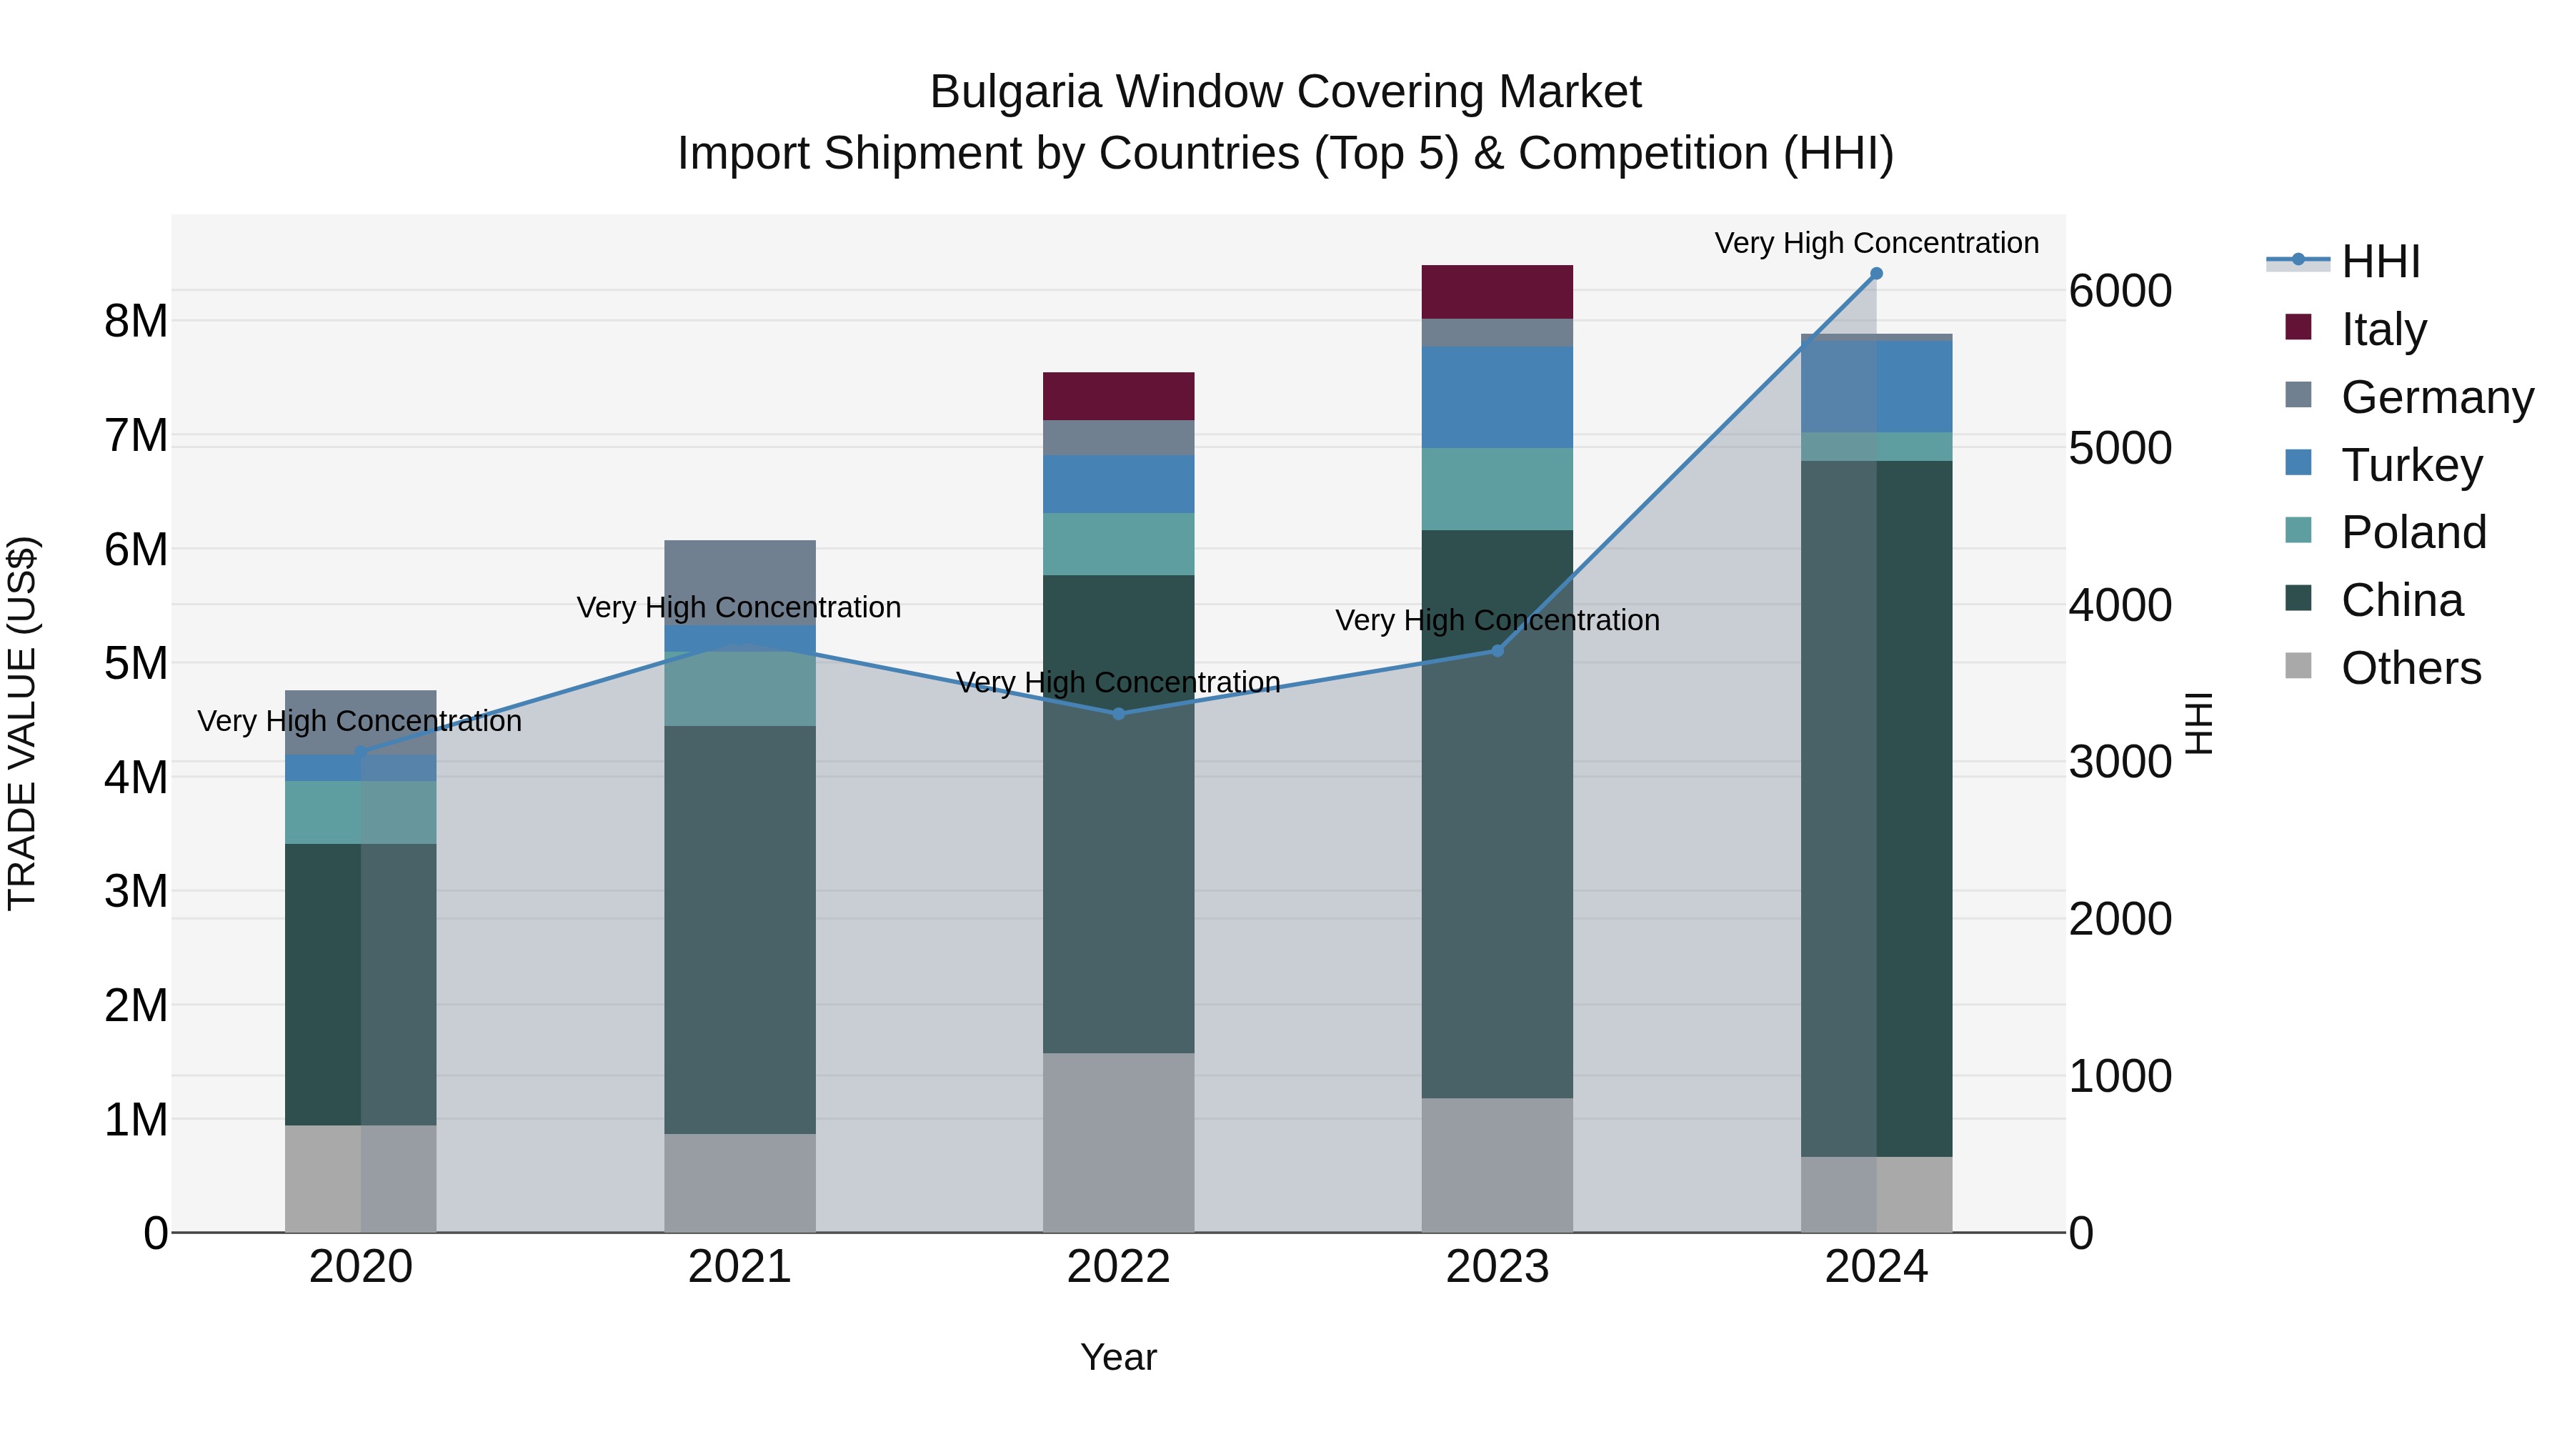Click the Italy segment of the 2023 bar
tap(1497, 292)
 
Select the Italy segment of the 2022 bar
tap(1118, 395)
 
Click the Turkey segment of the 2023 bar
tap(1497, 397)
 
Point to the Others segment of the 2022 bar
tap(1118, 1141)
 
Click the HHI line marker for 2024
tap(1876, 274)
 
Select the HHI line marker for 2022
tap(1118, 713)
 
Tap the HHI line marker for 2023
tap(1497, 650)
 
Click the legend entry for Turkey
tap(2411, 465)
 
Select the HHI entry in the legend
tap(2381, 262)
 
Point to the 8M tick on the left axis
tap(136, 322)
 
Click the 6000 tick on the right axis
tap(2120, 291)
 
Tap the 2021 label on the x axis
tap(740, 1267)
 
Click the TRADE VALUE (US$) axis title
tap(23, 723)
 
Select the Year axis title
tap(1118, 1357)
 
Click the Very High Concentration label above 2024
tap(1876, 243)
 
